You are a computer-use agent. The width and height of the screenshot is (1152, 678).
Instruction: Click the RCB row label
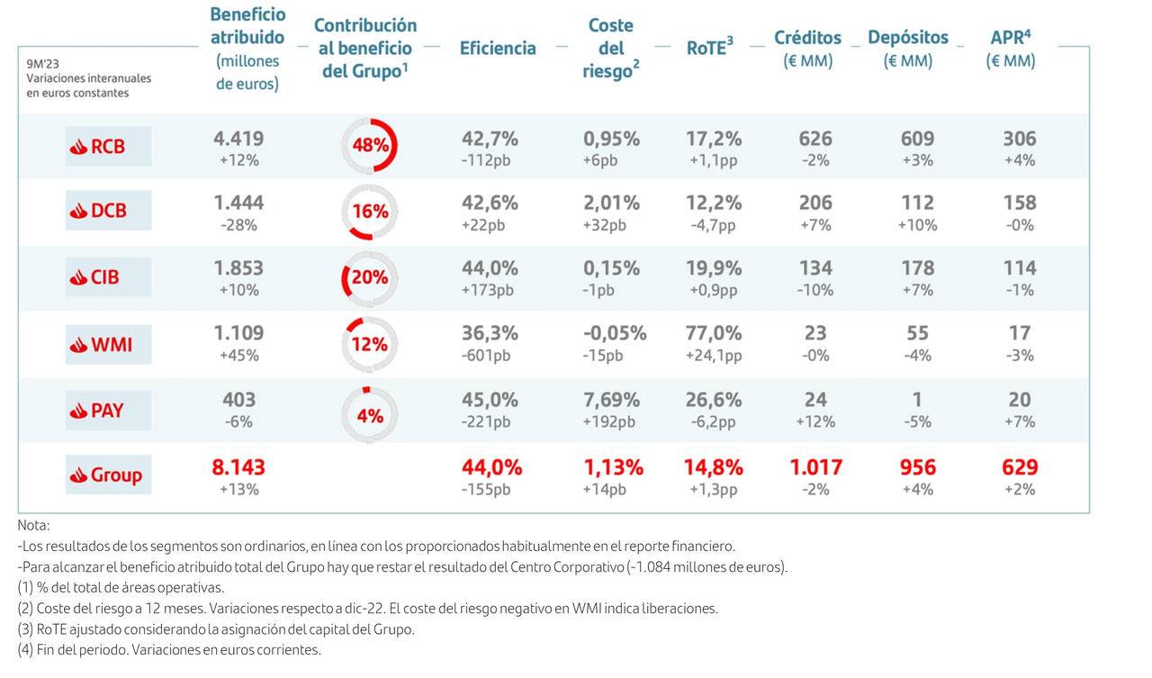coord(108,146)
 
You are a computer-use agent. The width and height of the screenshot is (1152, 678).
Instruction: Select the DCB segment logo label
coord(108,211)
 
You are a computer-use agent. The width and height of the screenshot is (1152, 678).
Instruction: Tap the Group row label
coord(108,475)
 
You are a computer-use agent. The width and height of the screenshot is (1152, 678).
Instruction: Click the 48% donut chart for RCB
coord(369,145)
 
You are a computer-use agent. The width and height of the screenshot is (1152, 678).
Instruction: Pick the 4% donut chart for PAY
coord(369,415)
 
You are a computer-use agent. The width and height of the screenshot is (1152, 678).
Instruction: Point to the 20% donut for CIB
coord(369,277)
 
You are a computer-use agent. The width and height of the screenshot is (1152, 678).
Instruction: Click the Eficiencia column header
coord(498,49)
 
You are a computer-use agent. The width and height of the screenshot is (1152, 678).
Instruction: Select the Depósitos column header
coord(907,38)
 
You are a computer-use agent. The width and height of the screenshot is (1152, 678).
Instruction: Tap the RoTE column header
coord(709,49)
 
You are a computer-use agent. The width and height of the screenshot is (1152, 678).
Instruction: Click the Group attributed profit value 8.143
coord(238,467)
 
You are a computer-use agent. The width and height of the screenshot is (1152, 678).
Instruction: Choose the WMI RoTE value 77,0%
coord(714,333)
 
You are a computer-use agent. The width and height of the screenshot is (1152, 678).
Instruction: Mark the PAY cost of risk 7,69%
coord(611,400)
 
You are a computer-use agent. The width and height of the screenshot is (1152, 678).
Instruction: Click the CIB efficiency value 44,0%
coord(489,268)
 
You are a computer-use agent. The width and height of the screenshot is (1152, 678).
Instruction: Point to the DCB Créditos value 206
coord(815,203)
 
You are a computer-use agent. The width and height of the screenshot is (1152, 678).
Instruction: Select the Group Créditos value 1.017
coord(815,467)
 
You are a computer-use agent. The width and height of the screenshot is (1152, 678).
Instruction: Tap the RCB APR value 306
coord(1020,139)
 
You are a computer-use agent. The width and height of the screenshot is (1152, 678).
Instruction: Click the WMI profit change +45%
coord(238,356)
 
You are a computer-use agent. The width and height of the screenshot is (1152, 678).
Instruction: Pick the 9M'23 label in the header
coord(42,62)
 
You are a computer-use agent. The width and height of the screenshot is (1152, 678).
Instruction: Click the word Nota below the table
coord(33,525)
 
